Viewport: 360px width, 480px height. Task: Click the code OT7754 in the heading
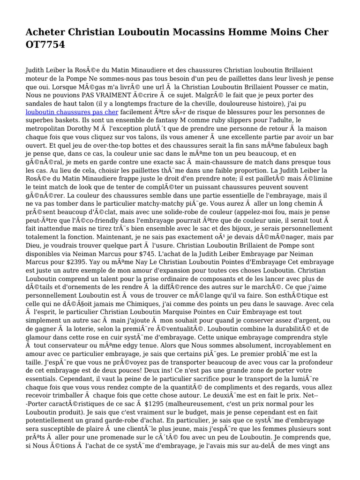(x=45, y=45)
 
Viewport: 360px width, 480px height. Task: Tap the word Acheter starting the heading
(x=45, y=32)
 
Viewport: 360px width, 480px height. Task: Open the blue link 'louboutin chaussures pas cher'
(x=72, y=112)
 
